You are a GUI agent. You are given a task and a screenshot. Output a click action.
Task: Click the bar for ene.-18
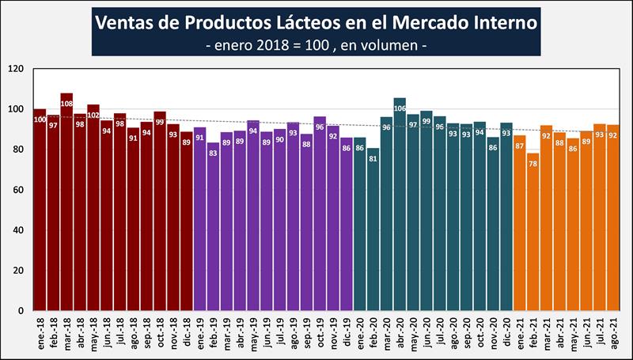click(x=40, y=210)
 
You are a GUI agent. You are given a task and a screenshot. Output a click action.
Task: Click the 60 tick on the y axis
click(x=21, y=190)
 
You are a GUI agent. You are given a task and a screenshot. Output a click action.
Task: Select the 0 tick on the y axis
click(x=24, y=311)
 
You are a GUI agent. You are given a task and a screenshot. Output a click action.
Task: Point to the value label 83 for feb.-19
click(x=213, y=154)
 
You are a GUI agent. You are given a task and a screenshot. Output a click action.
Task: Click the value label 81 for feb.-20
click(x=373, y=159)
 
